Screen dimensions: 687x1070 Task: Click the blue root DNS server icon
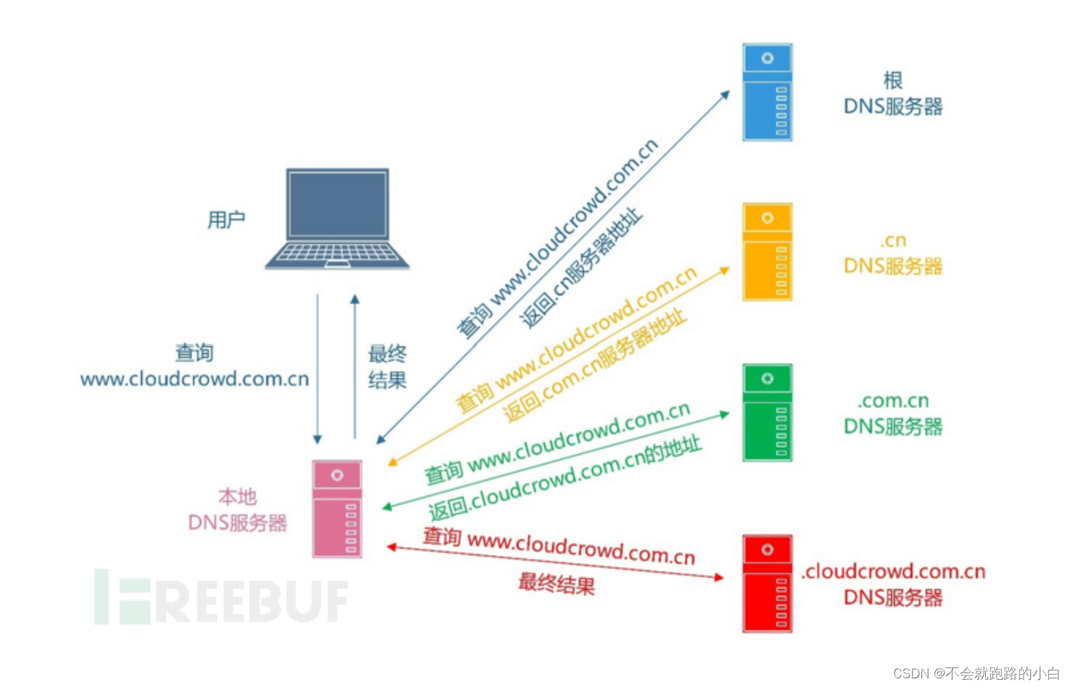tap(767, 92)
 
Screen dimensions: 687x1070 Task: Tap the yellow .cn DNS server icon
tap(767, 252)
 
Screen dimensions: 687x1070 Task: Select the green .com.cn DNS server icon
tap(767, 412)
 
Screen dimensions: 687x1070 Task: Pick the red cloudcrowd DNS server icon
tap(767, 583)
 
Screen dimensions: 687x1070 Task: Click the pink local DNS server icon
tap(337, 509)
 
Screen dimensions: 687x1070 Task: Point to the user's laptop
tap(337, 219)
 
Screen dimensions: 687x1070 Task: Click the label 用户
tap(226, 220)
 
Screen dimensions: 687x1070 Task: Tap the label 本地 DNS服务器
tap(238, 510)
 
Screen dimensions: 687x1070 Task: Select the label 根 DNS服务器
tap(893, 94)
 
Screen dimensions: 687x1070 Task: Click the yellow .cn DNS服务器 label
tap(893, 254)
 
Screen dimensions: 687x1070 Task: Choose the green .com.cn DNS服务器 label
tap(893, 414)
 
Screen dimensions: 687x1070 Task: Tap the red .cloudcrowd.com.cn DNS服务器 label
tap(893, 584)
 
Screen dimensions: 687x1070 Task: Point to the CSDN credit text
tap(976, 673)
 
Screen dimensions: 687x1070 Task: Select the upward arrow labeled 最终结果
tap(354, 367)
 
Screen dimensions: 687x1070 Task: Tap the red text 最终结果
tap(556, 583)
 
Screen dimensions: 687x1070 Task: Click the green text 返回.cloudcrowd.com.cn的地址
tap(565, 479)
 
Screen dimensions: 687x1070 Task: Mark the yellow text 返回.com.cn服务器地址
tap(594, 366)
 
